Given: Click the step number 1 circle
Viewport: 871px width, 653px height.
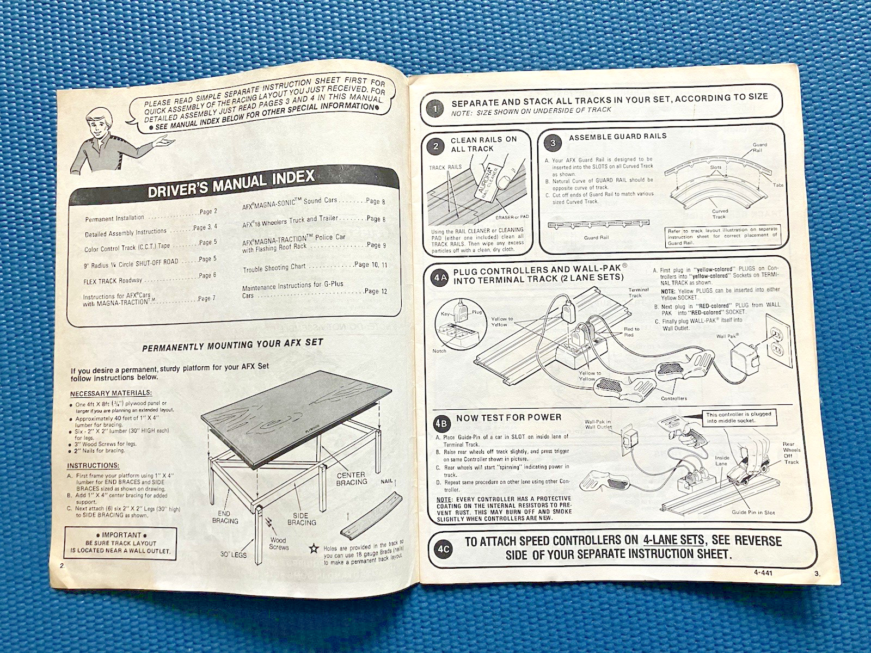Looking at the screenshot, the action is (435, 108).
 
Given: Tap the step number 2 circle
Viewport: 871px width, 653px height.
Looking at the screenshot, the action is (436, 146).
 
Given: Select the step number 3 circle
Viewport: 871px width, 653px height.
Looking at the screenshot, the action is (553, 144).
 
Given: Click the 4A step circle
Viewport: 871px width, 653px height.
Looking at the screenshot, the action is (440, 278).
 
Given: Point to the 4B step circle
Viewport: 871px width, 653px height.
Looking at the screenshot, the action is (441, 423).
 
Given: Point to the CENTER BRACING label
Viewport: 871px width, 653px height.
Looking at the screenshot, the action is (351, 479).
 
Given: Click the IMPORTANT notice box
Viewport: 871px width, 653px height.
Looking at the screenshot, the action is (121, 543).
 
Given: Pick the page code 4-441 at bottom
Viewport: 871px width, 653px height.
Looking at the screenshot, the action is (763, 572).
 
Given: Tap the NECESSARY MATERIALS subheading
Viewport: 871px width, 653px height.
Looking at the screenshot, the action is (111, 393).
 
